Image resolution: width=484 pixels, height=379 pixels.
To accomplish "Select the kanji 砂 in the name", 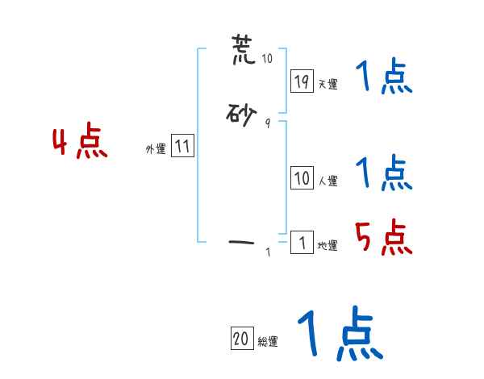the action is (242, 115).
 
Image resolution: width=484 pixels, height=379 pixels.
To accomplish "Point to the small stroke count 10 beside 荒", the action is (267, 59).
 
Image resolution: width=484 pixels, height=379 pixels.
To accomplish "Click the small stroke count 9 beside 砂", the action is (267, 123).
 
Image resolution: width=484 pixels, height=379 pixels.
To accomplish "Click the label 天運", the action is (328, 84).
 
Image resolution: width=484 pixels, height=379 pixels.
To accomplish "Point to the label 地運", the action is (328, 245).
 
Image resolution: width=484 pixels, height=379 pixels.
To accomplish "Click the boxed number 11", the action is (182, 146).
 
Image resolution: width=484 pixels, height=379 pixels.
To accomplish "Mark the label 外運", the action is (156, 148).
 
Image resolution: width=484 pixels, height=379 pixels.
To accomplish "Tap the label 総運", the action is (268, 342).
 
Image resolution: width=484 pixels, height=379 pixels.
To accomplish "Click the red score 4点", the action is (80, 143).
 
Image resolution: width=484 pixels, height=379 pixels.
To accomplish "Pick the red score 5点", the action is (384, 238).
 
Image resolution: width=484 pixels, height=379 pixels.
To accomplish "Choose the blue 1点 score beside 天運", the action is (383, 79).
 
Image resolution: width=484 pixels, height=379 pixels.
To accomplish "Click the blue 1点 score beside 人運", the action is (383, 173).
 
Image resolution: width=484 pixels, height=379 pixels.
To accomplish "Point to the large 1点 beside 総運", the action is (340, 334).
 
